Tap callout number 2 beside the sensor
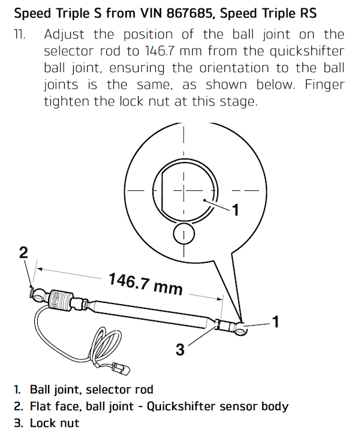pos(23,252)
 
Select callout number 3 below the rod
pos(179,348)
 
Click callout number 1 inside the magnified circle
pos(236,210)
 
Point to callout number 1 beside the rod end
pos(275,323)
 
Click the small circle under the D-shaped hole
pos(184,234)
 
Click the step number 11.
pos(20,35)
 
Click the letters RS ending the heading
pos(326,13)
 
